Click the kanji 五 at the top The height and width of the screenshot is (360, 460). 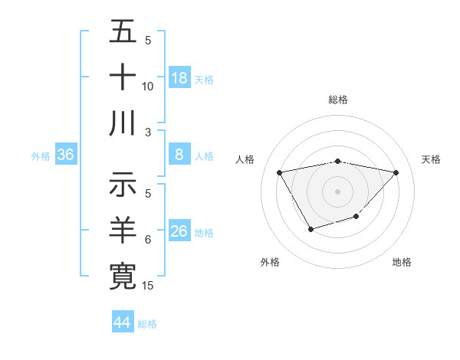tap(123, 31)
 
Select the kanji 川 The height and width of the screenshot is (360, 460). tap(123, 123)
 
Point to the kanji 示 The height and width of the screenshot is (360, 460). tap(123, 185)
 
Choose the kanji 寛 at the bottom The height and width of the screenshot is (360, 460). tap(123, 277)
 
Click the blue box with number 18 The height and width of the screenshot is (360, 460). tap(179, 78)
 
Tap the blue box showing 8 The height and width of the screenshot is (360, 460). tap(179, 155)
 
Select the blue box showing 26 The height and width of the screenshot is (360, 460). tap(179, 231)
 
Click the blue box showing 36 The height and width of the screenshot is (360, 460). tap(66, 155)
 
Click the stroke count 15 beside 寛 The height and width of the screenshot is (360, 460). tap(149, 286)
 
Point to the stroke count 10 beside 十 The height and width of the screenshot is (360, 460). tap(149, 87)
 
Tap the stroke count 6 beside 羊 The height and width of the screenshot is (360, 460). tap(148, 240)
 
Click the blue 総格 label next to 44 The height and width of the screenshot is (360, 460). tap(147, 324)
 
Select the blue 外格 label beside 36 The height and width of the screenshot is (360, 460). tap(41, 156)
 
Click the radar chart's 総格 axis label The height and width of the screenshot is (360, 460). tap(337, 100)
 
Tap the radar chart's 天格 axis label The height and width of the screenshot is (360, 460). tap(431, 159)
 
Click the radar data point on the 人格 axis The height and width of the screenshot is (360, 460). tap(279, 172)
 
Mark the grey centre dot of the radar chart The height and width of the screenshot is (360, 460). tap(337, 191)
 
